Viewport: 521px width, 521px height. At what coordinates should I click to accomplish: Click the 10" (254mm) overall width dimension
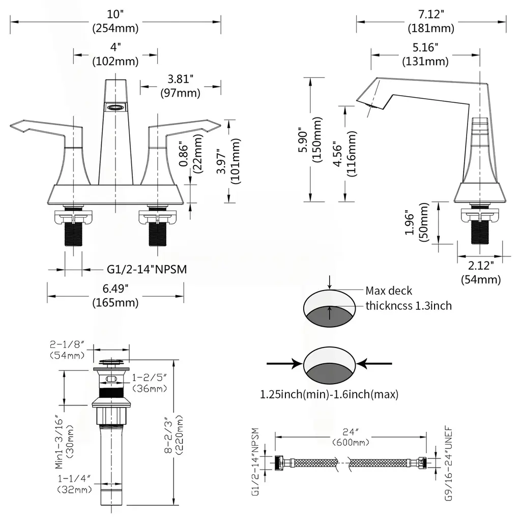[115, 21]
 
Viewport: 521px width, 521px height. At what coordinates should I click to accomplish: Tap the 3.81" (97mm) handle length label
[180, 86]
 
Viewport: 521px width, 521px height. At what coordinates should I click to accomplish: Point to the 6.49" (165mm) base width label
[115, 296]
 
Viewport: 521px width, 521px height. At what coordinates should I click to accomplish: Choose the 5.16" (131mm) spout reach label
[425, 54]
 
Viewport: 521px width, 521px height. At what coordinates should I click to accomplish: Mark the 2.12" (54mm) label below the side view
[480, 272]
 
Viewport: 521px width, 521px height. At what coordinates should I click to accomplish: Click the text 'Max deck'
[389, 291]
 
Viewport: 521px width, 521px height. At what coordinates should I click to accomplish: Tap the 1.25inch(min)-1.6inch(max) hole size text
[329, 394]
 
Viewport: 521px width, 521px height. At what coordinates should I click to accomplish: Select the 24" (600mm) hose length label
[351, 438]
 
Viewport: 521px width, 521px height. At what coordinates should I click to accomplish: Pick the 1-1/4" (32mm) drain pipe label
[74, 484]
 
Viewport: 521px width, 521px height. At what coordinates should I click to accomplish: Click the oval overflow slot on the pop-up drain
[111, 379]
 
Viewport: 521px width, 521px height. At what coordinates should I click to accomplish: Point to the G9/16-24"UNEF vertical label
[448, 464]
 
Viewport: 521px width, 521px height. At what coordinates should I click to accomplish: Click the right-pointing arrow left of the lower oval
[283, 363]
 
